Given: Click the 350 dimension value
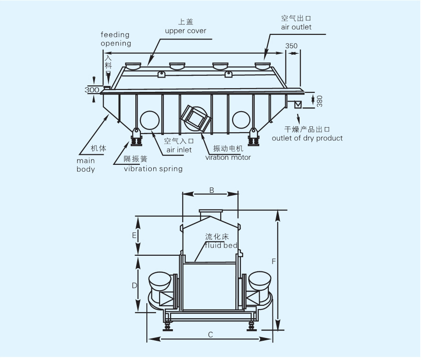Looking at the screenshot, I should click(x=291, y=46).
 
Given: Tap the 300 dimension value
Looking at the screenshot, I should click(x=92, y=90).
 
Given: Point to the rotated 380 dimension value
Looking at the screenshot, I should click(x=319, y=101).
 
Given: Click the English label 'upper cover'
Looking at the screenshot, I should click(x=185, y=31).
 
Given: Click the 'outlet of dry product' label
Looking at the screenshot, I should click(x=307, y=138).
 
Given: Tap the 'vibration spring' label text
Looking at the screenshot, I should click(x=153, y=169).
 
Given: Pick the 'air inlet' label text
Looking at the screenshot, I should click(x=179, y=149).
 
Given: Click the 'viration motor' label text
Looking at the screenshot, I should click(x=228, y=157).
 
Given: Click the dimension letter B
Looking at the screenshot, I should click(x=211, y=190).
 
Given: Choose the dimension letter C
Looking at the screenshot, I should click(x=210, y=335).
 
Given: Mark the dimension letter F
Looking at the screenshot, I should click(x=273, y=261).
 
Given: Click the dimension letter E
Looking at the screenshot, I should click(x=134, y=235).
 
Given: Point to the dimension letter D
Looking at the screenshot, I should click(x=134, y=286).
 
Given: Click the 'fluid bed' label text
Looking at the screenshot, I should click(x=221, y=245).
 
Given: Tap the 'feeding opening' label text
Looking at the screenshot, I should click(x=116, y=39).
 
